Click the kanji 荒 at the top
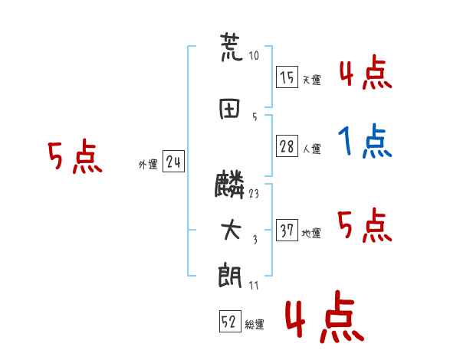point(232,47)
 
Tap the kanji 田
point(230,109)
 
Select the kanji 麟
point(229,185)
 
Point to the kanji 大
point(231,230)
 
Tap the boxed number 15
point(287,77)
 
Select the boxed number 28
point(287,146)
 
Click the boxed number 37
point(287,230)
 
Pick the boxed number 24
point(173,162)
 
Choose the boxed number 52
point(230,321)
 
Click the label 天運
point(312,80)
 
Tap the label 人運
point(312,149)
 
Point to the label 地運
point(311,234)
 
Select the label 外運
point(148,165)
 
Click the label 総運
point(255,325)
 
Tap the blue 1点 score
point(365,141)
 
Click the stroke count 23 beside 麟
point(254,194)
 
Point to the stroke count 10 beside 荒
point(254,55)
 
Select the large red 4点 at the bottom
point(325,317)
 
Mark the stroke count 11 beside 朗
point(254,285)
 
